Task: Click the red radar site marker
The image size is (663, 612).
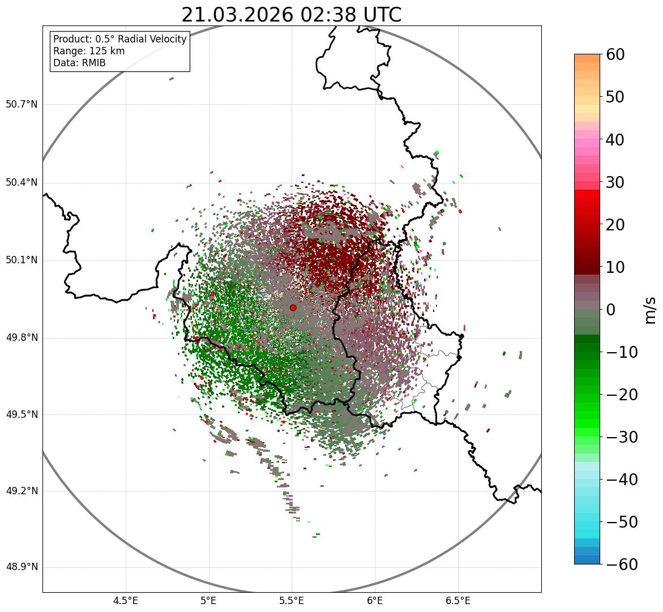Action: tap(293, 307)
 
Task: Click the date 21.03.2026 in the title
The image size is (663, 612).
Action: tap(237, 15)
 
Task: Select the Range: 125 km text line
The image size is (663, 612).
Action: tap(89, 51)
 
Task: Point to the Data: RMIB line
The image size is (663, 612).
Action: tap(79, 63)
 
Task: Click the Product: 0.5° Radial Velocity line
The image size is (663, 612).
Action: tap(119, 39)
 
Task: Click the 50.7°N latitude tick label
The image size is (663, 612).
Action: tap(22, 105)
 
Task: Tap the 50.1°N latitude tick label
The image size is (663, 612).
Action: tap(22, 260)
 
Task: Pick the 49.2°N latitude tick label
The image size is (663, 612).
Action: tap(22, 491)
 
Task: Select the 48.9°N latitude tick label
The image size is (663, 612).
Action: tap(22, 567)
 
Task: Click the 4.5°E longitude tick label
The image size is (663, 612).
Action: tap(126, 601)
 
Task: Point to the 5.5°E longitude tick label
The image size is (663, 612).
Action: tap(292, 601)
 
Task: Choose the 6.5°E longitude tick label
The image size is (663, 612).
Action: tap(457, 601)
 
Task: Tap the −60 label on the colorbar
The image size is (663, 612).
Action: tap(622, 564)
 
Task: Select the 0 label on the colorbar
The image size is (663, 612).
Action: tap(611, 310)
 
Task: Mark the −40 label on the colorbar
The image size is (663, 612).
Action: tap(622, 480)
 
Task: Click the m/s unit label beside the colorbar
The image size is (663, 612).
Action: tap(651, 310)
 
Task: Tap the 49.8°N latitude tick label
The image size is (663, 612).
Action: tap(22, 338)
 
